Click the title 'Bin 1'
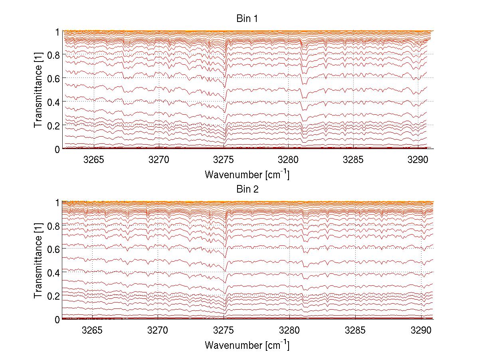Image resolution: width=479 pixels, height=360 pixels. click(247, 18)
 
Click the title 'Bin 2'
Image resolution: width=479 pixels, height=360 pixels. click(247, 189)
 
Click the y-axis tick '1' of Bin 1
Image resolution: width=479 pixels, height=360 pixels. click(57, 31)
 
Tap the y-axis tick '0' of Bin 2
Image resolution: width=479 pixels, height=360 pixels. click(57, 319)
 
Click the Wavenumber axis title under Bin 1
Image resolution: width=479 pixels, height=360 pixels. click(247, 174)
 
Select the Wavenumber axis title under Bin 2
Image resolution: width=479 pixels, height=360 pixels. click(247, 345)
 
